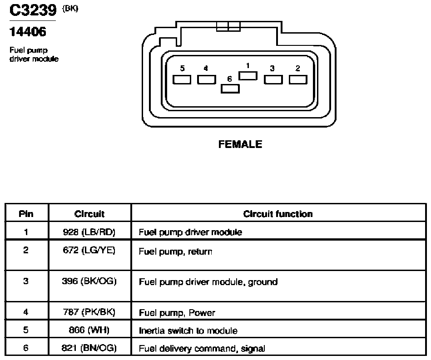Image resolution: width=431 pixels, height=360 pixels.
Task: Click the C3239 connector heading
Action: [x=33, y=10]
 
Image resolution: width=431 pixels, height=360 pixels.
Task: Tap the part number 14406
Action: [x=28, y=32]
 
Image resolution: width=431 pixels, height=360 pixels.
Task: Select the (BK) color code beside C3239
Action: [x=70, y=9]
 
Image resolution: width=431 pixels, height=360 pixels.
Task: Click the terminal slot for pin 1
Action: [x=248, y=76]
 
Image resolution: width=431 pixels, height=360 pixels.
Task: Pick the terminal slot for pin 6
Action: [x=230, y=89]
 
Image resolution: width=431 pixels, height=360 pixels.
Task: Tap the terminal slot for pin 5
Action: [x=182, y=80]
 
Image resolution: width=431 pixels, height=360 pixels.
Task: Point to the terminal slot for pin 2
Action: [x=298, y=80]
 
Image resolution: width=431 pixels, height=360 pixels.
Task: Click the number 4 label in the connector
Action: [x=206, y=68]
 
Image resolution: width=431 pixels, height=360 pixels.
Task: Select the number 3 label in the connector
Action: [x=272, y=68]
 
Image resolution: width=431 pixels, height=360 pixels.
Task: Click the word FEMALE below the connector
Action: [x=240, y=144]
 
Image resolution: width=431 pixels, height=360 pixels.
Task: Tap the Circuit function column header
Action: [x=278, y=214]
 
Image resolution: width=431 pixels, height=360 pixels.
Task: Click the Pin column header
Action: [x=26, y=214]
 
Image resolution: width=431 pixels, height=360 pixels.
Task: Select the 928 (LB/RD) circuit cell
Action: [x=89, y=232]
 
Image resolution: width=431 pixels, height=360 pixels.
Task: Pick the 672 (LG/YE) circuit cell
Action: [x=89, y=250]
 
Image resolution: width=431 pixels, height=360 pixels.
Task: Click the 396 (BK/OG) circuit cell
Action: [x=89, y=281]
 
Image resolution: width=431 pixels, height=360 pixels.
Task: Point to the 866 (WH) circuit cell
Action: [x=89, y=330]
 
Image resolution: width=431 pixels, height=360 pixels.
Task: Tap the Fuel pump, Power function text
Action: [x=177, y=313]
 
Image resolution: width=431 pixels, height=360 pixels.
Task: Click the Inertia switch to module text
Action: [x=188, y=330]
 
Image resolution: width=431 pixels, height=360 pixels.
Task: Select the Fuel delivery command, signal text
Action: [x=202, y=349]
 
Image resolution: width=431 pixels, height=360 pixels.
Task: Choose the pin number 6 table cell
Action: [x=26, y=348]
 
